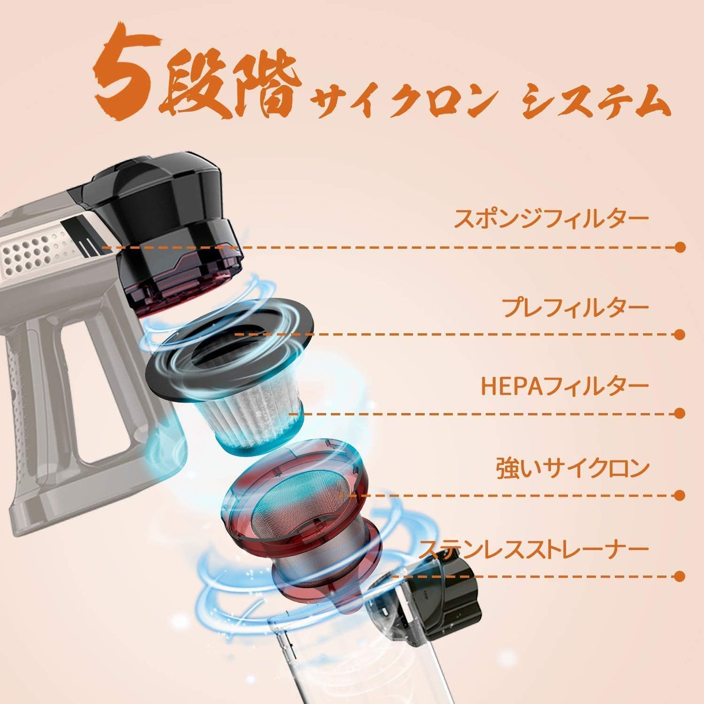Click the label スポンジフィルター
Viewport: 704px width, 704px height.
(551, 218)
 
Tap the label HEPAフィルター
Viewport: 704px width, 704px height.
(565, 386)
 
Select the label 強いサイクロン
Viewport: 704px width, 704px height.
(572, 469)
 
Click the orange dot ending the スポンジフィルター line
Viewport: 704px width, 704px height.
(680, 247)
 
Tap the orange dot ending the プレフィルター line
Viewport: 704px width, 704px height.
(680, 334)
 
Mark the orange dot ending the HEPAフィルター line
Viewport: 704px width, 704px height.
(680, 414)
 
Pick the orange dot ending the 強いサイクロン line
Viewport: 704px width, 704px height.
(680, 496)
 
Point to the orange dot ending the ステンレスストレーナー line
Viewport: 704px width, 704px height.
(680, 576)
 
